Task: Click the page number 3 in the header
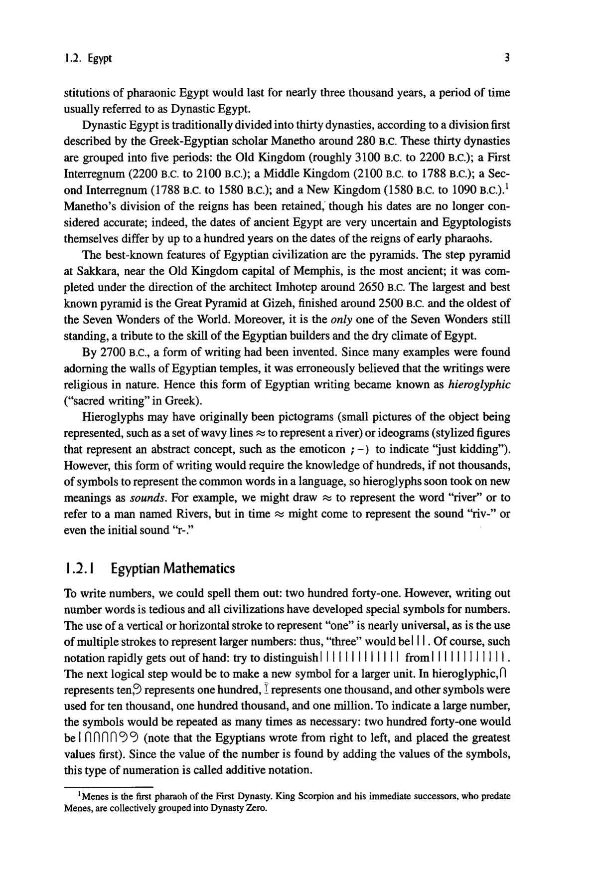(x=506, y=58)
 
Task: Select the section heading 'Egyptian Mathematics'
(x=172, y=568)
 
